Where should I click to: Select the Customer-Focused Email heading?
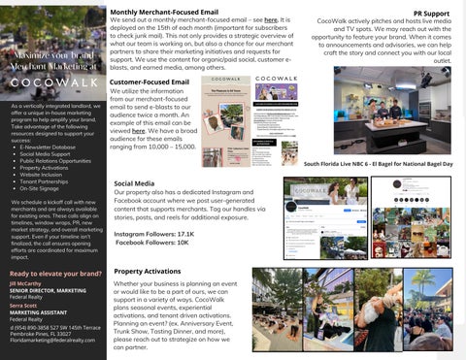[x=150, y=83]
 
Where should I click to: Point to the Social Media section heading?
[x=134, y=183]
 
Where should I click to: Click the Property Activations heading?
[x=149, y=272]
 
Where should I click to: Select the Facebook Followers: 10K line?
[x=152, y=243]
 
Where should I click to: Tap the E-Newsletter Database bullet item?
[x=49, y=147]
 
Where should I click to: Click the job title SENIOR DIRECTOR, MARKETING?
[x=49, y=290]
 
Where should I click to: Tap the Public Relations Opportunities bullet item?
[x=56, y=159]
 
